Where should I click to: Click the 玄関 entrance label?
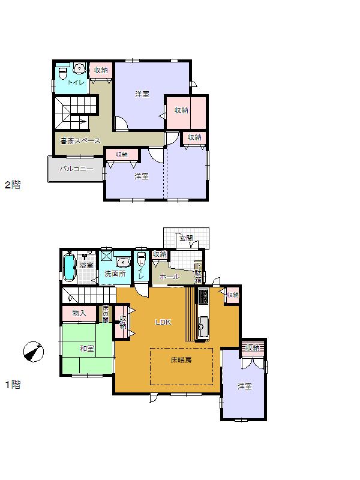point(185,238)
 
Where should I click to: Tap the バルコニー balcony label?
point(76,169)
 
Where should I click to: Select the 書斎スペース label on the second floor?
point(80,140)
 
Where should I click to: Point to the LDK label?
point(163,322)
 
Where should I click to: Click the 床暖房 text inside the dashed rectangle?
point(181,361)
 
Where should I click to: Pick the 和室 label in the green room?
point(86,349)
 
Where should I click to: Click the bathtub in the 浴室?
point(69,268)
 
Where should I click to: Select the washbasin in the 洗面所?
point(124,262)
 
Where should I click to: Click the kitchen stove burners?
point(203,296)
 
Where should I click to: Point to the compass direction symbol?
point(34,351)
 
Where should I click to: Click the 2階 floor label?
point(13,185)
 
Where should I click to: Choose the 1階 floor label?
point(13,385)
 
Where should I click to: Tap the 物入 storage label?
point(79,313)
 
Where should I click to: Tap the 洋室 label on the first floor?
point(244,386)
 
